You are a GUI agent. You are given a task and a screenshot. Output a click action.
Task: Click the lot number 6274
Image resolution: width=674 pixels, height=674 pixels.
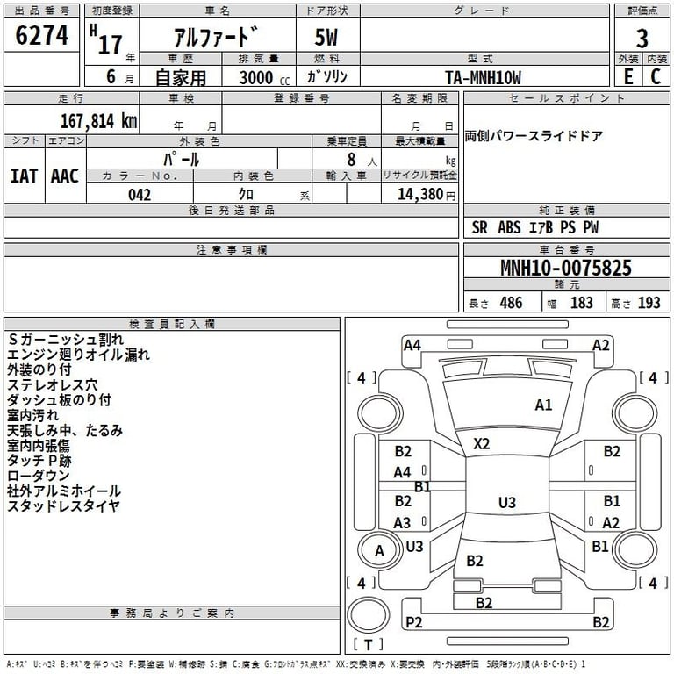(x=42, y=36)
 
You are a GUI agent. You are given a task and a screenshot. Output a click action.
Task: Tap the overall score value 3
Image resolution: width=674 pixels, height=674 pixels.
(x=642, y=38)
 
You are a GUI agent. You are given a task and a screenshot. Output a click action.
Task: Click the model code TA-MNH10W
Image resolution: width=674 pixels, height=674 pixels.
(x=483, y=76)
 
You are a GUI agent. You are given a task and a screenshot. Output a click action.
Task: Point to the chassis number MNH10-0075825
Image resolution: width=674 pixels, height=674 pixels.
(x=565, y=268)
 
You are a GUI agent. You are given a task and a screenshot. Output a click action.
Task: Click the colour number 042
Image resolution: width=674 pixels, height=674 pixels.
(x=140, y=194)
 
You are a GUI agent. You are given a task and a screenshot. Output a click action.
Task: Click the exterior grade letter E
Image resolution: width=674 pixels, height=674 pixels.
(x=627, y=76)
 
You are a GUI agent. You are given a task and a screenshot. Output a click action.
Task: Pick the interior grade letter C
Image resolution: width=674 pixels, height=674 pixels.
(x=655, y=76)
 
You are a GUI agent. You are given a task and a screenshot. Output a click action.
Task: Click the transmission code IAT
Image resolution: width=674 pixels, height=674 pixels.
(x=24, y=176)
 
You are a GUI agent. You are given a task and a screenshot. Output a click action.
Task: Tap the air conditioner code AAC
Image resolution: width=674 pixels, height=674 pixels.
(x=64, y=176)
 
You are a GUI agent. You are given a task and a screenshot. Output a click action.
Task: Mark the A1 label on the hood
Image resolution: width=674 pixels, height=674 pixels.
(x=543, y=405)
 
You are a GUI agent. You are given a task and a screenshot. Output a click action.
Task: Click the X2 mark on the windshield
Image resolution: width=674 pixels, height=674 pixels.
(x=481, y=444)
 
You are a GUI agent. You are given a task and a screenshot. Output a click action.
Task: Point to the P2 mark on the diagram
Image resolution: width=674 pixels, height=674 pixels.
(x=414, y=622)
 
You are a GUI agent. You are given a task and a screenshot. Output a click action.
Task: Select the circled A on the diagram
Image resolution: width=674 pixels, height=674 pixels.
(x=379, y=551)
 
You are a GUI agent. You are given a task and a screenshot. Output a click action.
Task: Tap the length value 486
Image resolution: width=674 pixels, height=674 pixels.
(x=508, y=303)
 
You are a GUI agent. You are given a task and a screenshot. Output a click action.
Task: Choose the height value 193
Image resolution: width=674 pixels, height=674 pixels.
(x=649, y=303)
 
